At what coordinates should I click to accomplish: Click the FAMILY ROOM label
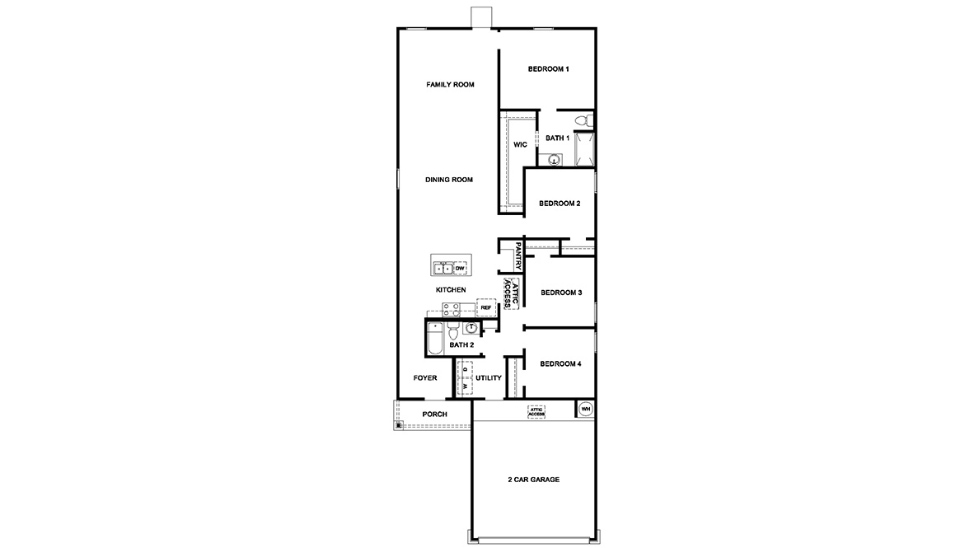(x=449, y=85)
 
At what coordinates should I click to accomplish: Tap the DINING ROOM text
(x=449, y=180)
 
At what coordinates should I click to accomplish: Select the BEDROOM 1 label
(x=548, y=69)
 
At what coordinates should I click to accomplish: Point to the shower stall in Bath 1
(x=584, y=149)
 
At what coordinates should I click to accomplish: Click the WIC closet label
(x=520, y=144)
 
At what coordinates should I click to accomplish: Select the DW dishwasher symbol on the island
(x=460, y=268)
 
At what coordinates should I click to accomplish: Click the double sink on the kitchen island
(x=443, y=268)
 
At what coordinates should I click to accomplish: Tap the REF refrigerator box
(x=486, y=307)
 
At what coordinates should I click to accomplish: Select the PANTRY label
(x=518, y=255)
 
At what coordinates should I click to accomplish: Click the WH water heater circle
(x=586, y=409)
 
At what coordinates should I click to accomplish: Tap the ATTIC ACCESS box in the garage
(x=537, y=410)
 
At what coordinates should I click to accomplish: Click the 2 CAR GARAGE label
(x=533, y=479)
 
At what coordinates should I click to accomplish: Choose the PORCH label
(x=434, y=415)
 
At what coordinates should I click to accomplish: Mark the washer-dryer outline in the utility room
(x=466, y=377)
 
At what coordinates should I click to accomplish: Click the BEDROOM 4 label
(x=561, y=363)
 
